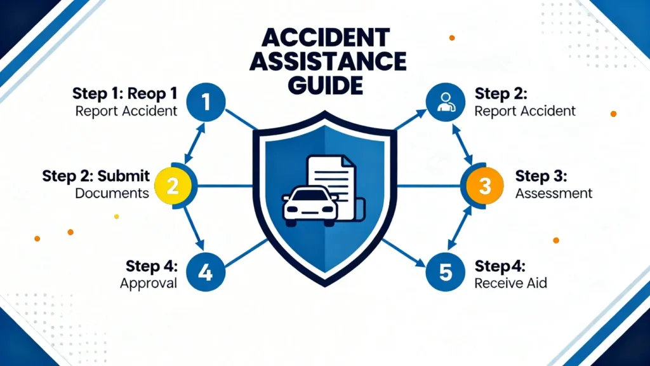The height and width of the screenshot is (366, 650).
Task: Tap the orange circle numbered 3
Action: point(484,186)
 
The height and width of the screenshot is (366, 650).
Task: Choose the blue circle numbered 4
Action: point(204,272)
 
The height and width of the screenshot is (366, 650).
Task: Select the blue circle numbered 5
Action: point(446,272)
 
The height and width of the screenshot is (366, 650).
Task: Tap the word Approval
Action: point(149,283)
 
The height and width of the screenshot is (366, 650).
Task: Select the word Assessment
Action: point(554,193)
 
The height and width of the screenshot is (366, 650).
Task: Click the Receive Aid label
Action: point(510,283)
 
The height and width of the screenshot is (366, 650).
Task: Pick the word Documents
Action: point(112,193)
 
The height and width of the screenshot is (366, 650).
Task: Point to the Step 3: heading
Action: point(541,176)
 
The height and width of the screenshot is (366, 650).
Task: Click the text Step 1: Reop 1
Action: point(124,93)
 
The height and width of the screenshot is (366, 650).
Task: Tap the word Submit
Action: point(124,176)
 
